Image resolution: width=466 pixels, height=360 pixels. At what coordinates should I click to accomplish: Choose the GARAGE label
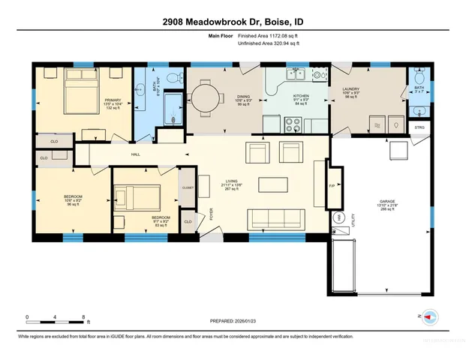(388, 202)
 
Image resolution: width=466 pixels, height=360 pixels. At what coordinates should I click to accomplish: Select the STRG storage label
(419, 128)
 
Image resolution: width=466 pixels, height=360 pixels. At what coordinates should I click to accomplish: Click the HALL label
(136, 154)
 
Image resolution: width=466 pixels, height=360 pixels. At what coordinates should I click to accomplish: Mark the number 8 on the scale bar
(83, 316)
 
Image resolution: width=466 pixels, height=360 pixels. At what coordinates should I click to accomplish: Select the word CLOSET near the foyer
(188, 188)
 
